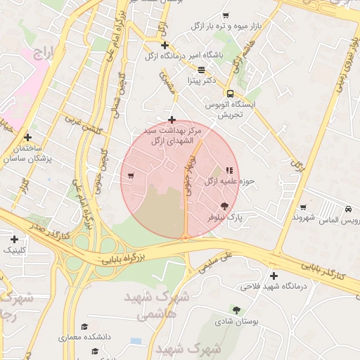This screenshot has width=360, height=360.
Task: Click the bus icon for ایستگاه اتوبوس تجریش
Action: click(230, 94)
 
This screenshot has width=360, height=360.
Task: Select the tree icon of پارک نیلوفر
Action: click(224, 206)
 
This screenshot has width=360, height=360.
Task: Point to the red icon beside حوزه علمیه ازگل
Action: click(229, 169)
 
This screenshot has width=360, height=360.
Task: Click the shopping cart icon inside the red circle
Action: click(131, 175)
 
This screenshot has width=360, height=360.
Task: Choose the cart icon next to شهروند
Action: click(303, 207)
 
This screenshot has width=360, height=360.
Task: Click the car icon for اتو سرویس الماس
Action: click(349, 209)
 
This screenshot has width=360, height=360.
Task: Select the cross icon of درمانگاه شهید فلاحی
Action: click(274, 276)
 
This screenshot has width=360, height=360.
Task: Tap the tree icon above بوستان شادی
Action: click(236, 309)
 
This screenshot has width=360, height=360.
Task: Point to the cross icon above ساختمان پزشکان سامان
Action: click(28, 137)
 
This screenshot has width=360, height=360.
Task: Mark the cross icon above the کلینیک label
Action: click(14, 239)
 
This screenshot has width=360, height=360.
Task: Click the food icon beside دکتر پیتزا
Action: click(202, 70)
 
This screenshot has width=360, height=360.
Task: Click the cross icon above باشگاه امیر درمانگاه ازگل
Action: click(165, 45)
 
